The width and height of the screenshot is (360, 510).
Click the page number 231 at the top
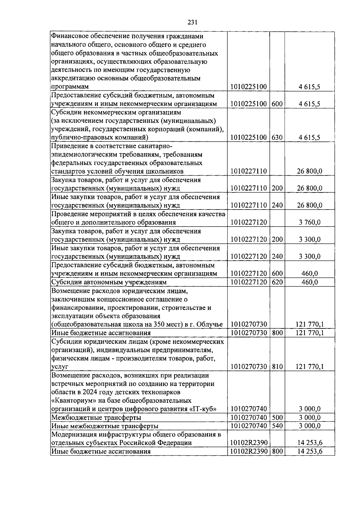click(x=192, y=22)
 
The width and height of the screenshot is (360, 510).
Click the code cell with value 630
click(x=277, y=137)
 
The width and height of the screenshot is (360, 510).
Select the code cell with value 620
click(x=277, y=282)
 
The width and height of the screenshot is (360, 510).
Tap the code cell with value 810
click(x=277, y=367)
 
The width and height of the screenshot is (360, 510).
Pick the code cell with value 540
click(x=277, y=426)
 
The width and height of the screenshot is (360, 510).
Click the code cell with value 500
click(x=277, y=417)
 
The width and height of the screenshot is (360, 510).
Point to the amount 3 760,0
click(x=310, y=222)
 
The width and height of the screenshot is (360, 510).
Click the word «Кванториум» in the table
click(x=71, y=401)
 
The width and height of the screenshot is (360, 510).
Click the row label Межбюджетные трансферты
click(x=96, y=418)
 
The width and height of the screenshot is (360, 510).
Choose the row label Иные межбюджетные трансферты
click(x=105, y=426)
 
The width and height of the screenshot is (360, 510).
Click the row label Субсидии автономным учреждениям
click(x=109, y=282)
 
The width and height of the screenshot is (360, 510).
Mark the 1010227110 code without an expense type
click(x=248, y=171)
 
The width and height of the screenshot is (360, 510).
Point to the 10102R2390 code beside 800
click(x=248, y=451)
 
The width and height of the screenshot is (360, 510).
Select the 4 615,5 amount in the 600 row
click(x=310, y=104)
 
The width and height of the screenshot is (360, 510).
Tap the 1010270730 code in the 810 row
click(x=248, y=367)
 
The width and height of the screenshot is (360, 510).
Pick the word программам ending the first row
click(x=70, y=87)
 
